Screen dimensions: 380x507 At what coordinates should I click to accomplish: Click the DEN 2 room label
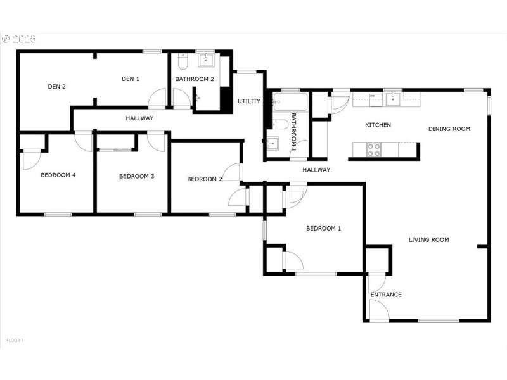(56, 87)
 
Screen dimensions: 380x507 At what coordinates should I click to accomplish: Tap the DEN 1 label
(130, 79)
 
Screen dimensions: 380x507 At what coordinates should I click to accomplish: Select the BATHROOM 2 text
(195, 79)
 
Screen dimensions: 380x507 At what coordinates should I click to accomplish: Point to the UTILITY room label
(249, 101)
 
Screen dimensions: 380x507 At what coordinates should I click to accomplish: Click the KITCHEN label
(378, 125)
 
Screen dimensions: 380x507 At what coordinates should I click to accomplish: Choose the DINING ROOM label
(449, 129)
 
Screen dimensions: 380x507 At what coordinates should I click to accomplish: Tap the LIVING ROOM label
(428, 239)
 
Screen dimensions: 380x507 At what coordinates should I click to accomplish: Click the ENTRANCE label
(386, 294)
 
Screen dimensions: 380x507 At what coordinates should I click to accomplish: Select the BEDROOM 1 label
(323, 228)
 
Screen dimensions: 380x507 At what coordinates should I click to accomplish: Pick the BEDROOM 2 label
(205, 179)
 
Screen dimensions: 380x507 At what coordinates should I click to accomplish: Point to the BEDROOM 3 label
(137, 176)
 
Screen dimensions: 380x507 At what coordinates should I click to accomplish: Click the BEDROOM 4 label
(58, 175)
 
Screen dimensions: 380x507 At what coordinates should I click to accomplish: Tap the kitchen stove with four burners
(374, 150)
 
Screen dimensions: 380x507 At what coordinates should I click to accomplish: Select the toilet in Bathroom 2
(182, 63)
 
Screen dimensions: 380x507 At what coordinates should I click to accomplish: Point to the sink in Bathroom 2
(206, 61)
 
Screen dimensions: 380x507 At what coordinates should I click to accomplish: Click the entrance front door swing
(378, 310)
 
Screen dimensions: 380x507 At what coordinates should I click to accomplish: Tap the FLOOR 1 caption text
(15, 341)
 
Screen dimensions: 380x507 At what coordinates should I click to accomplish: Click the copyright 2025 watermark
(19, 39)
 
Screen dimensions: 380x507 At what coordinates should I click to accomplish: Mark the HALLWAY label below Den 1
(139, 118)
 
